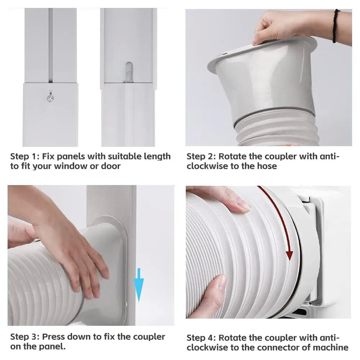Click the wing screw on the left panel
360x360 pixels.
point(50,99)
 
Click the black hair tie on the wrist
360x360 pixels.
point(336,26)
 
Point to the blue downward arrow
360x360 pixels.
point(139,285)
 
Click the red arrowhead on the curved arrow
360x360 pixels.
point(290,255)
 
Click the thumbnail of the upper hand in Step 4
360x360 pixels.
point(243,206)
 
